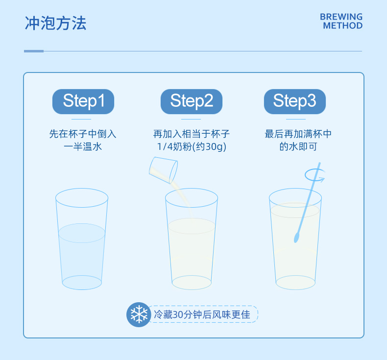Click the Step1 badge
tap(83, 102)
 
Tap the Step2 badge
tap(191, 102)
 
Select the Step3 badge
tap(295, 102)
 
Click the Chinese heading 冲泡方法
tap(55, 24)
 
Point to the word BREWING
tap(341, 17)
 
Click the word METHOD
tap(343, 25)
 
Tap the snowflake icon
tap(139, 314)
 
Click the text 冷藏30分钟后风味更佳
tap(202, 314)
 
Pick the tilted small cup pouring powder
tap(164, 170)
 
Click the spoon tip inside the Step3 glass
tap(296, 238)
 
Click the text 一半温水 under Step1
tap(83, 147)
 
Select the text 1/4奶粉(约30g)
tap(192, 147)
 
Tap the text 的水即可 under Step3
tap(298, 147)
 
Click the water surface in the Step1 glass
tap(82, 233)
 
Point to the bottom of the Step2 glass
tap(192, 283)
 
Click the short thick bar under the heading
tap(34, 51)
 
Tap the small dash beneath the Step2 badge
tap(191, 119)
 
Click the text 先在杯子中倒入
tap(83, 134)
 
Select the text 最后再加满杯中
tap(298, 134)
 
